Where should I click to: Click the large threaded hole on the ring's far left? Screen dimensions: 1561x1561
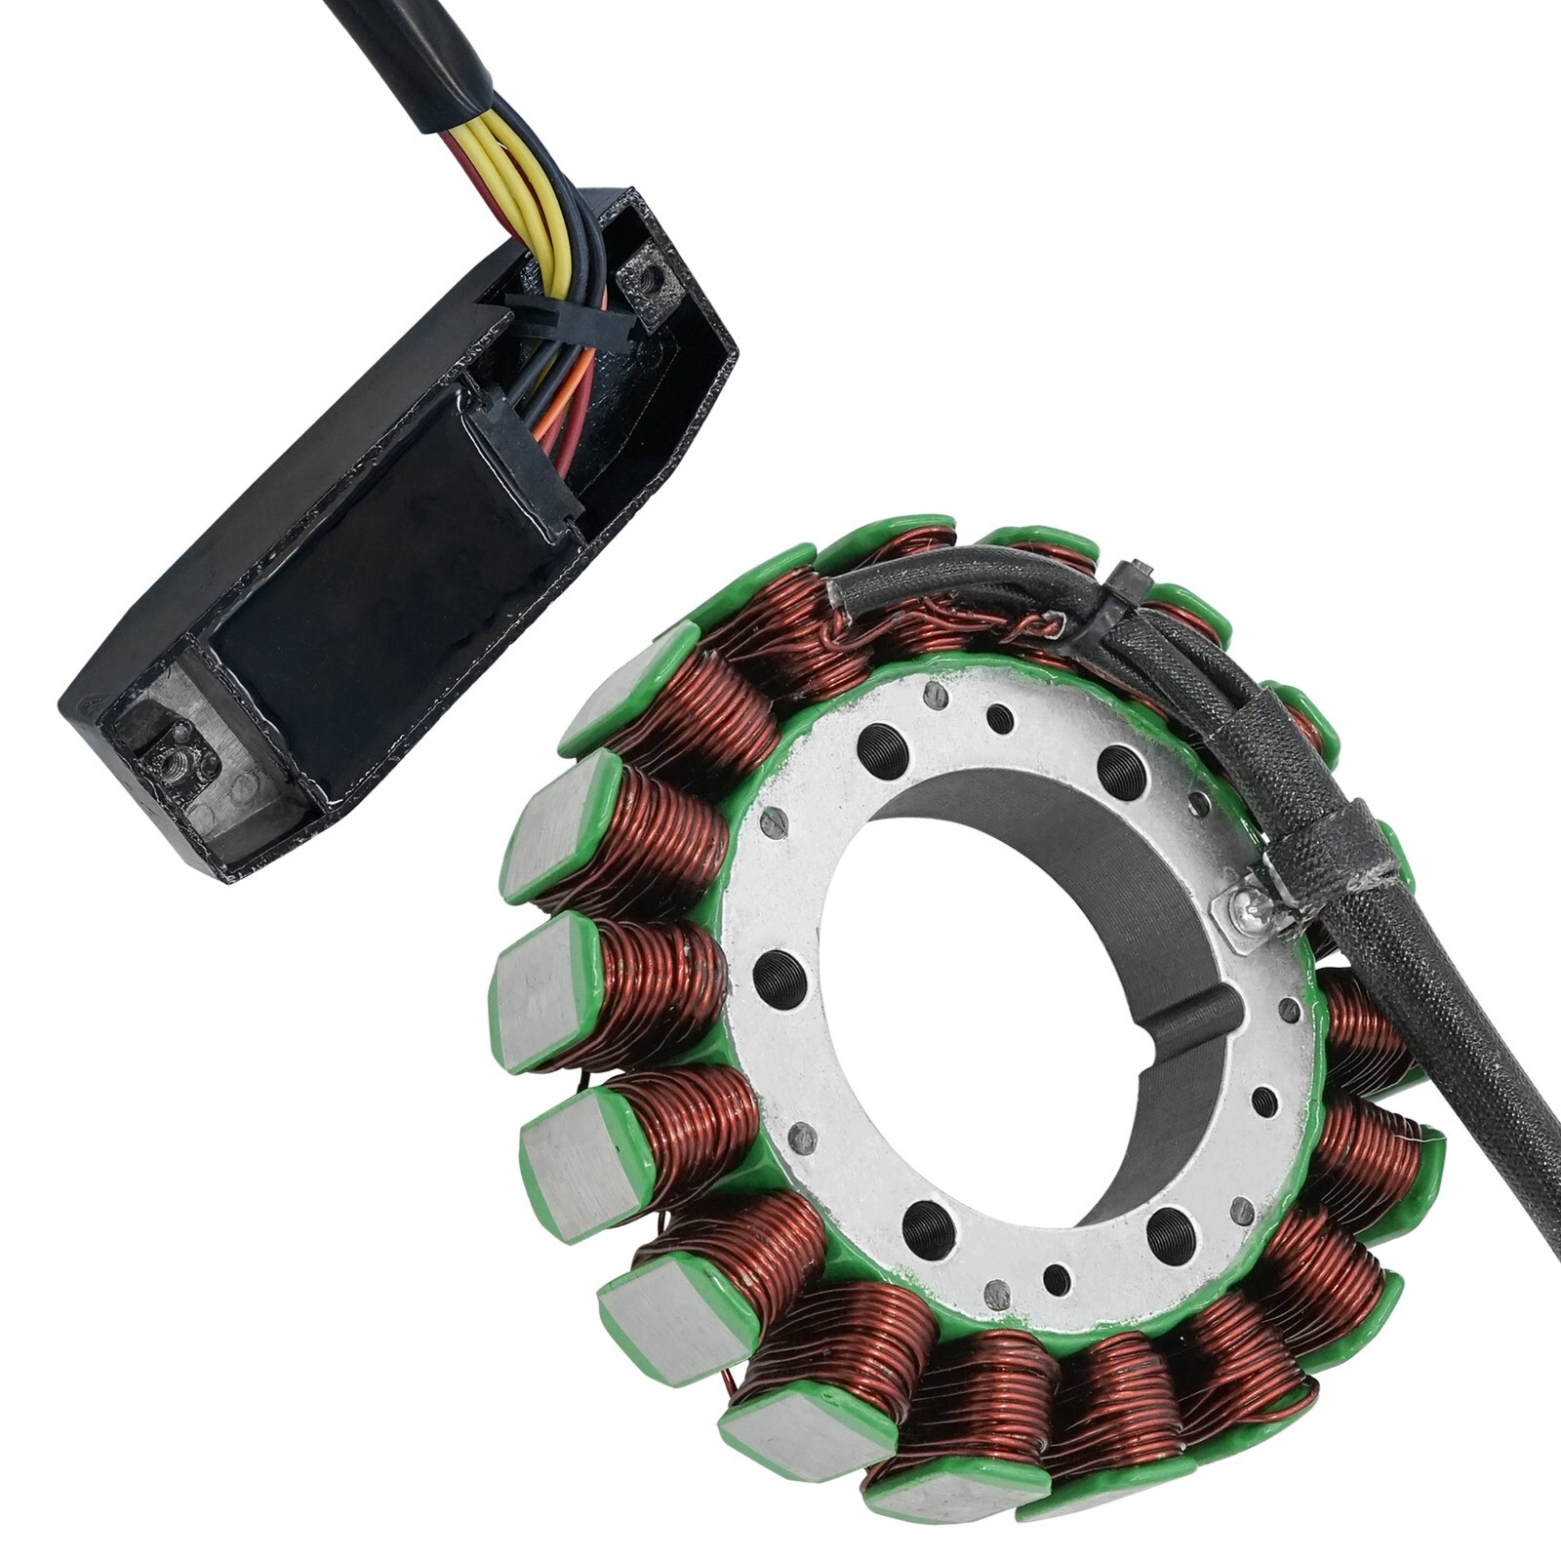click(x=780, y=977)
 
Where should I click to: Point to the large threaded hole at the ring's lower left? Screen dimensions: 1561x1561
click(x=928, y=1228)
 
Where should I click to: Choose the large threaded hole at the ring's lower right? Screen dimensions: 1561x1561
click(x=1170, y=1235)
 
